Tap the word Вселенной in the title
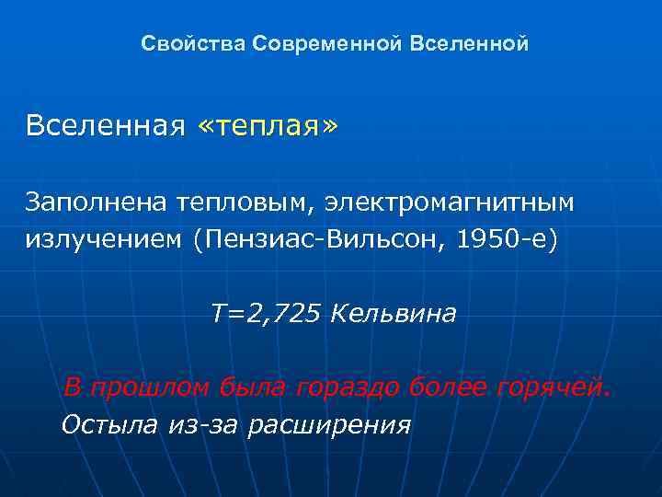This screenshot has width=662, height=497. click(x=471, y=44)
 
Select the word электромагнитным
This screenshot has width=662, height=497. click(x=448, y=200)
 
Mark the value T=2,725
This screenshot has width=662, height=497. click(x=266, y=315)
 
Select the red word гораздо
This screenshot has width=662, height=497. click(x=347, y=387)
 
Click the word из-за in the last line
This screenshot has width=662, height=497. click(x=205, y=424)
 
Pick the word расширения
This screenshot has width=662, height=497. click(x=329, y=426)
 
